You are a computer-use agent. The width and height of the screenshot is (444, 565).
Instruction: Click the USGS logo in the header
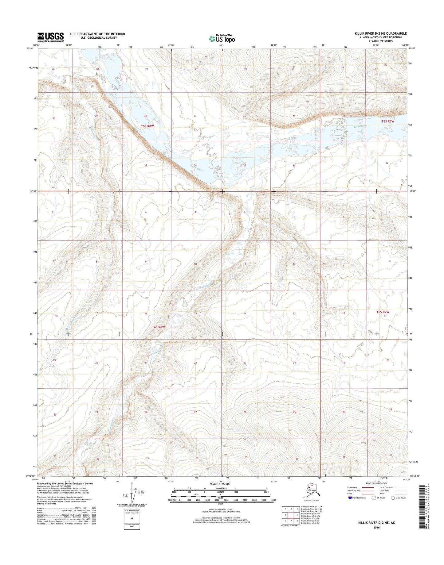pos(50,37)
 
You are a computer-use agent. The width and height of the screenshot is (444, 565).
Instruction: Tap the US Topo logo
pos(222,39)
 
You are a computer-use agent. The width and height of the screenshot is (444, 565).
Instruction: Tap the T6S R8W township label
pos(159,327)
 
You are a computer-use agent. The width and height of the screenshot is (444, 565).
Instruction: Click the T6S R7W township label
pos(383,312)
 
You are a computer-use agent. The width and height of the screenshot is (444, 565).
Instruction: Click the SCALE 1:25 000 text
pos(220,492)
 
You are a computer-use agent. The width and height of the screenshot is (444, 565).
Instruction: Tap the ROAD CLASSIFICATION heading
pos(377,492)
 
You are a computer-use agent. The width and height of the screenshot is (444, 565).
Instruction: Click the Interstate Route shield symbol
pos(350,506)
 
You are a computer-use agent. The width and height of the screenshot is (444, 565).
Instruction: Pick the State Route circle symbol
pos(393,506)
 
